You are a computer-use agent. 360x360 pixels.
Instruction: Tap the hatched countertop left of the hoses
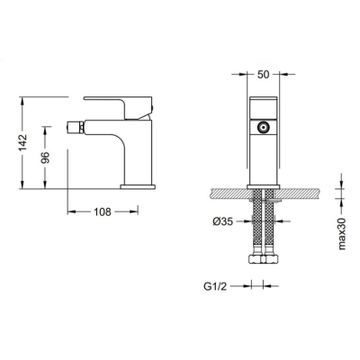tap(225, 193)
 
